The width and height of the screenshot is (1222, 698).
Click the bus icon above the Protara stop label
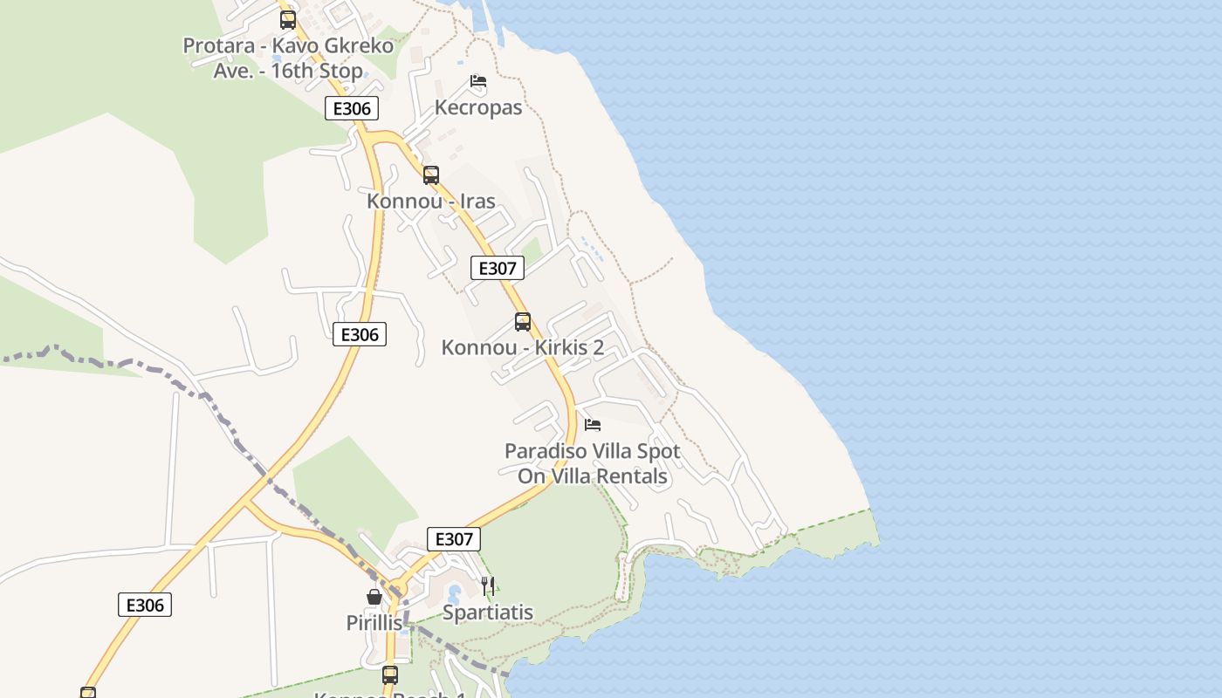tap(288, 19)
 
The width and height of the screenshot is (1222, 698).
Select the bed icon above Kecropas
tap(477, 82)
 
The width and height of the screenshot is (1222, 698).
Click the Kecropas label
tap(478, 107)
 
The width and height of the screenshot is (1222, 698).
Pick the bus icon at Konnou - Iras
tap(431, 174)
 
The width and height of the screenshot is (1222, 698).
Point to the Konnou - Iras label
tap(431, 201)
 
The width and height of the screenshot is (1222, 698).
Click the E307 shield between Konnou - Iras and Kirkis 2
tap(498, 268)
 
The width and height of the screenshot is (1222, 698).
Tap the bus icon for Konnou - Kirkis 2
tap(523, 322)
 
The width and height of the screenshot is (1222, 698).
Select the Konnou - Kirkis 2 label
tap(523, 347)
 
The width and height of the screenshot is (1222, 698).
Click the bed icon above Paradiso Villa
tap(593, 425)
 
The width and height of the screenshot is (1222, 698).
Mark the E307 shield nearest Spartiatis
tap(454, 539)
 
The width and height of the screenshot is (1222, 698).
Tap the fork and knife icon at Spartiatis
tap(488, 586)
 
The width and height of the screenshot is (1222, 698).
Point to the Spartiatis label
tap(488, 612)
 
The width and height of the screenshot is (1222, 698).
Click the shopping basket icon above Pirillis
tap(374, 597)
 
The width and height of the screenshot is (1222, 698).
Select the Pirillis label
tap(374, 623)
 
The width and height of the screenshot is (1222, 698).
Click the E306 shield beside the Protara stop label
tap(352, 108)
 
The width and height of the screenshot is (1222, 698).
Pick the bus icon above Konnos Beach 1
tap(390, 674)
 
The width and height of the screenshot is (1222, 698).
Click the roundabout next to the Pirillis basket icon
tap(398, 587)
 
